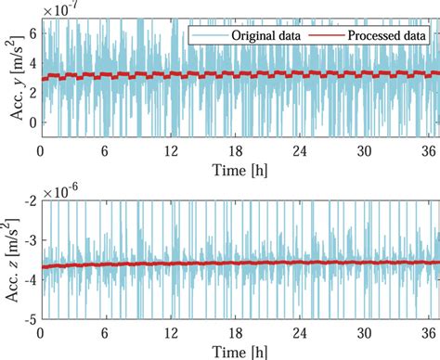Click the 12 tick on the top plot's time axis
pos(170,150)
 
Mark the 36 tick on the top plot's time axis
pos(429,150)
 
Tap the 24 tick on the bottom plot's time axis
pos(299,332)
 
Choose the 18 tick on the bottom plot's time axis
pos(234,332)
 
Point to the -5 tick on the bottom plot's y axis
pos(30,318)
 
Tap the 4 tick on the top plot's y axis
pos(32,63)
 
